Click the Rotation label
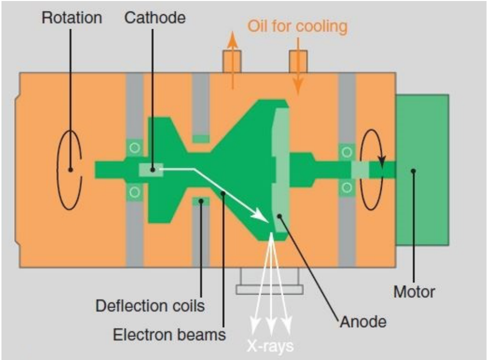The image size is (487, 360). pyautogui.click(x=72, y=18)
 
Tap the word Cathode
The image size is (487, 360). pyautogui.click(x=155, y=18)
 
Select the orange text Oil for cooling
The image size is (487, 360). pyautogui.click(x=297, y=26)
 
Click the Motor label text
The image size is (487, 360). pyautogui.click(x=414, y=292)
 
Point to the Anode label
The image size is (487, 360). pyautogui.click(x=363, y=321)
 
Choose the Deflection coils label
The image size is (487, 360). pyautogui.click(x=150, y=306)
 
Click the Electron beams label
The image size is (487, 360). pyautogui.click(x=169, y=335)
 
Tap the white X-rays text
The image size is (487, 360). pyautogui.click(x=270, y=346)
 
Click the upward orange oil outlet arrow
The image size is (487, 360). pyautogui.click(x=232, y=60)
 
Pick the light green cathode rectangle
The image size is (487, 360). pyautogui.click(x=151, y=170)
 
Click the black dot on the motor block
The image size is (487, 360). pyautogui.click(x=413, y=171)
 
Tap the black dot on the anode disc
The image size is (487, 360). pyautogui.click(x=279, y=216)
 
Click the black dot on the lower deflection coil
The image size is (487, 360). pyautogui.click(x=201, y=202)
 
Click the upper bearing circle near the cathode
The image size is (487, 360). pyautogui.click(x=135, y=148)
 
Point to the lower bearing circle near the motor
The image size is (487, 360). pyautogui.click(x=347, y=187)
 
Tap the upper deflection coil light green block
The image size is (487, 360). pyautogui.click(x=201, y=139)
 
